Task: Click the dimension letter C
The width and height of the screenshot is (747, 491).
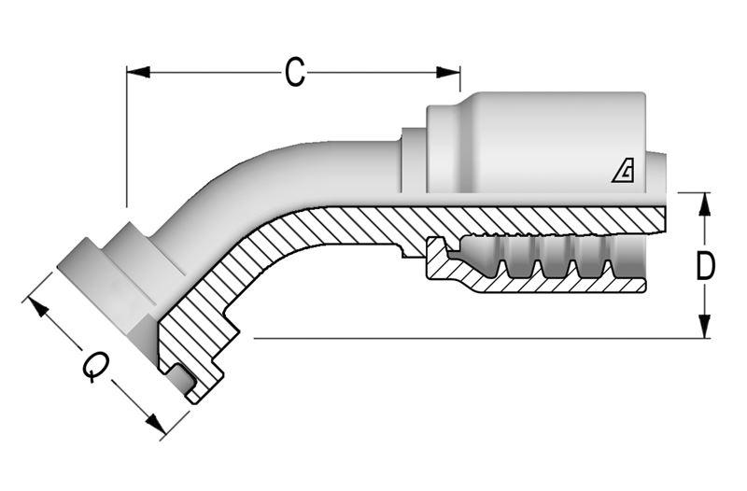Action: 295,72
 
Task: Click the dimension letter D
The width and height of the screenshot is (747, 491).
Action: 706,266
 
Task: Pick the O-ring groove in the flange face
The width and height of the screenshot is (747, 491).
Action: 181,378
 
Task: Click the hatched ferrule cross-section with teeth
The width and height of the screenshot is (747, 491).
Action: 448,271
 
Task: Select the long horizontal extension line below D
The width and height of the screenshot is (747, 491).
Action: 467,338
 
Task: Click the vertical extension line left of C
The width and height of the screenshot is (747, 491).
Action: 126,140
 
